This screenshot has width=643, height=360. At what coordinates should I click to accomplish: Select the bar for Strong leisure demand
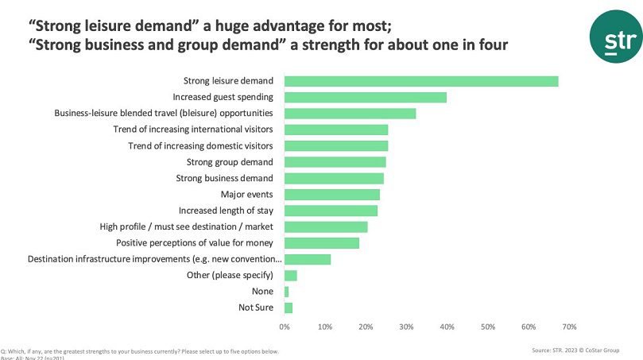tap(421, 81)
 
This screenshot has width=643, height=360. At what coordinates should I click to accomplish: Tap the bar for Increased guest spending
tap(365, 97)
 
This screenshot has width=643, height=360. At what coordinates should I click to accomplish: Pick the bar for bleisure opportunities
tap(350, 114)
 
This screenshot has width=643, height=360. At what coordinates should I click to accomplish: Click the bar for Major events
tap(331, 195)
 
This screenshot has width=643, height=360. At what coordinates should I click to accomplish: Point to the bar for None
tap(286, 292)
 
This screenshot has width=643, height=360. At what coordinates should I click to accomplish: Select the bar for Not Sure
tap(288, 308)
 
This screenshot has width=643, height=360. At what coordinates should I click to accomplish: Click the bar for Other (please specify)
tap(290, 276)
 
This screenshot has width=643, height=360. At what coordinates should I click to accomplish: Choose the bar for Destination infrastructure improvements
tap(307, 259)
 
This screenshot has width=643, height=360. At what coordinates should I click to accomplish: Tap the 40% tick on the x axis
tap(447, 327)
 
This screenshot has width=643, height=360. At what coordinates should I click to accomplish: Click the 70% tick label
tap(569, 327)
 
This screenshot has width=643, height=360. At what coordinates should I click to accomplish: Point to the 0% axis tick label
tap(285, 327)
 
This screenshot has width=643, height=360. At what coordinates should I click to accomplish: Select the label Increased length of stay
tap(226, 211)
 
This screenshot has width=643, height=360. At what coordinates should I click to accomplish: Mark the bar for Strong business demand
tap(334, 178)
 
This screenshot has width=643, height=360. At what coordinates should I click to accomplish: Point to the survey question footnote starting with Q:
tap(140, 350)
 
